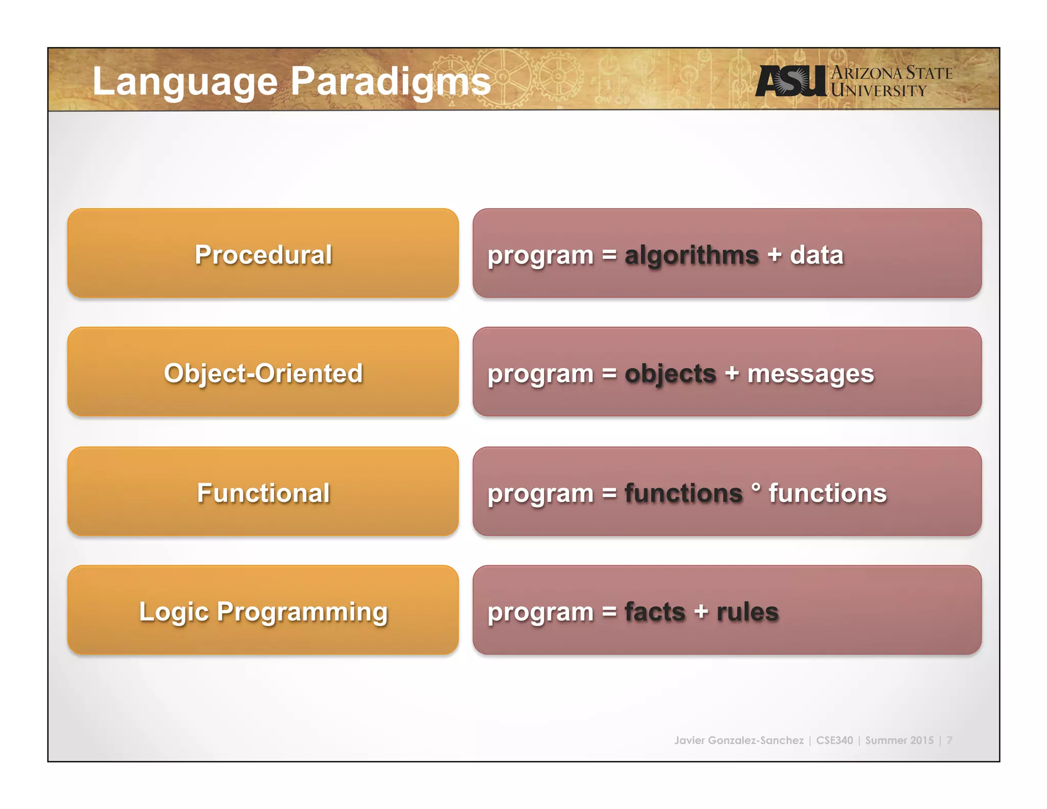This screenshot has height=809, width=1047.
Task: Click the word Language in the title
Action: (x=185, y=82)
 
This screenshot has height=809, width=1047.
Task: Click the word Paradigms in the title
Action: (x=391, y=82)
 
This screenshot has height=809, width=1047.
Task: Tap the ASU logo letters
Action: (x=790, y=81)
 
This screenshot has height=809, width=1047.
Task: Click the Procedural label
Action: (x=263, y=255)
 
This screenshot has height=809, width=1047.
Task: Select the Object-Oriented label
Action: (x=263, y=373)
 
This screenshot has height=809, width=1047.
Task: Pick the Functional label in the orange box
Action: (x=263, y=493)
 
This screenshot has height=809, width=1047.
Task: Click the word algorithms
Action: (x=691, y=255)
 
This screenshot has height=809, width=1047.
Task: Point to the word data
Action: (x=816, y=255)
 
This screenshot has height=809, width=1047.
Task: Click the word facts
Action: (x=654, y=612)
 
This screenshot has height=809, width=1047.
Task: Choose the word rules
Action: (x=747, y=612)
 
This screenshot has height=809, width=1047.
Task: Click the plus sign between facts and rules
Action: (x=701, y=612)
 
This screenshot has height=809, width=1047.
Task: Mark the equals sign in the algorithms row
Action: (x=609, y=255)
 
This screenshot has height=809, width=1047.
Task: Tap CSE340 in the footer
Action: (x=834, y=740)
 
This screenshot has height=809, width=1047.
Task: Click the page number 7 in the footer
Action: (x=949, y=740)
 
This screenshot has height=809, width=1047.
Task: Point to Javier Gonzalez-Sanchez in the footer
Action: (x=739, y=740)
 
